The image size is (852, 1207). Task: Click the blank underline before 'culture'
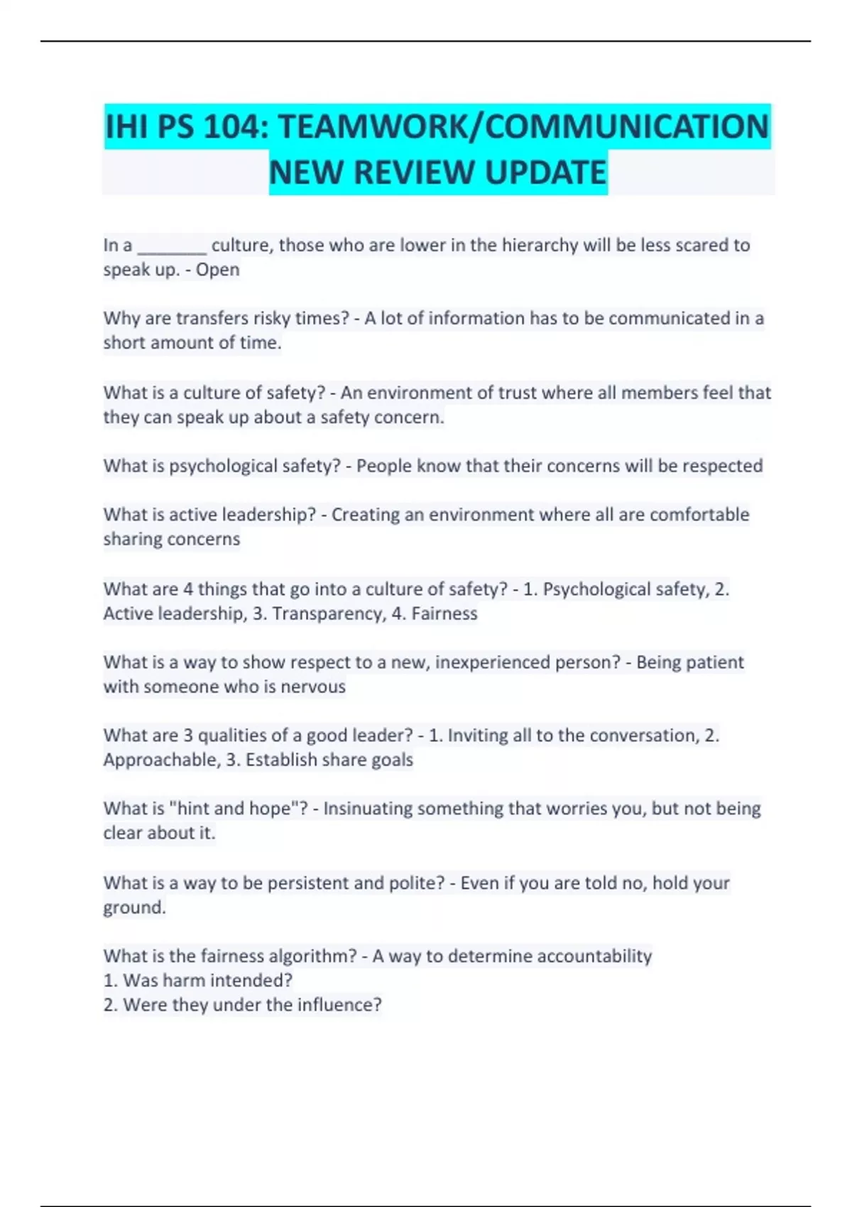coord(172,246)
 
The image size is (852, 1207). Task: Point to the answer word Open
coord(217,270)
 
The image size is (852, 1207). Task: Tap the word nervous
coord(312,687)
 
